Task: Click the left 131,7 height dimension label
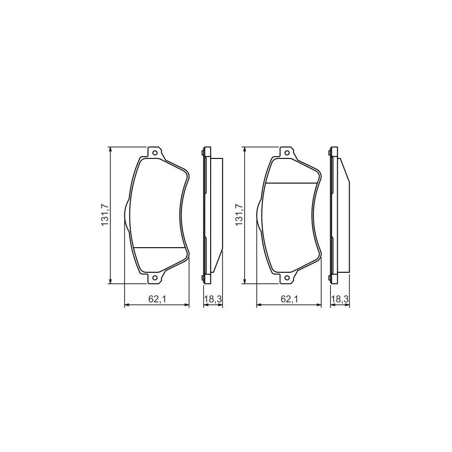coord(105,215)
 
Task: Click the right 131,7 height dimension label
coord(240,215)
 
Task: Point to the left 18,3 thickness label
coord(212,299)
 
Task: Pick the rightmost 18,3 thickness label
coord(340,299)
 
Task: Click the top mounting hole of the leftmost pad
coord(154,153)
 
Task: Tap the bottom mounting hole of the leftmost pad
coord(154,278)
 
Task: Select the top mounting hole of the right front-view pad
coord(287,153)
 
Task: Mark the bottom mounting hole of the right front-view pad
coord(287,278)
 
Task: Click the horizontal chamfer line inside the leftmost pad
coord(159,248)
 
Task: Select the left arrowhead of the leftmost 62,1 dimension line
coord(127,305)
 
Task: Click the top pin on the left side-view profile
coord(202,153)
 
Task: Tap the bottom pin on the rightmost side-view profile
coord(330,277)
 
